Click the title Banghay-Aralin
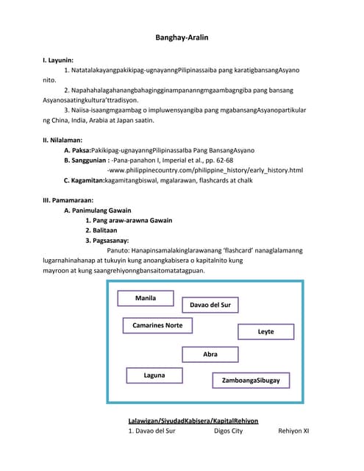point(182,37)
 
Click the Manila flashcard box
point(146,298)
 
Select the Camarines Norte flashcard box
point(157,325)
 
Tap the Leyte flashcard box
point(265,332)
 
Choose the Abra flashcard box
point(210,355)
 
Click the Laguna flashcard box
point(154,375)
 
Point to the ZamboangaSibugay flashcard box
point(251,380)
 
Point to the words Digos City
point(228,431)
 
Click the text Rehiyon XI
point(294,431)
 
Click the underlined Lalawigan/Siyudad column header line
point(193,421)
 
